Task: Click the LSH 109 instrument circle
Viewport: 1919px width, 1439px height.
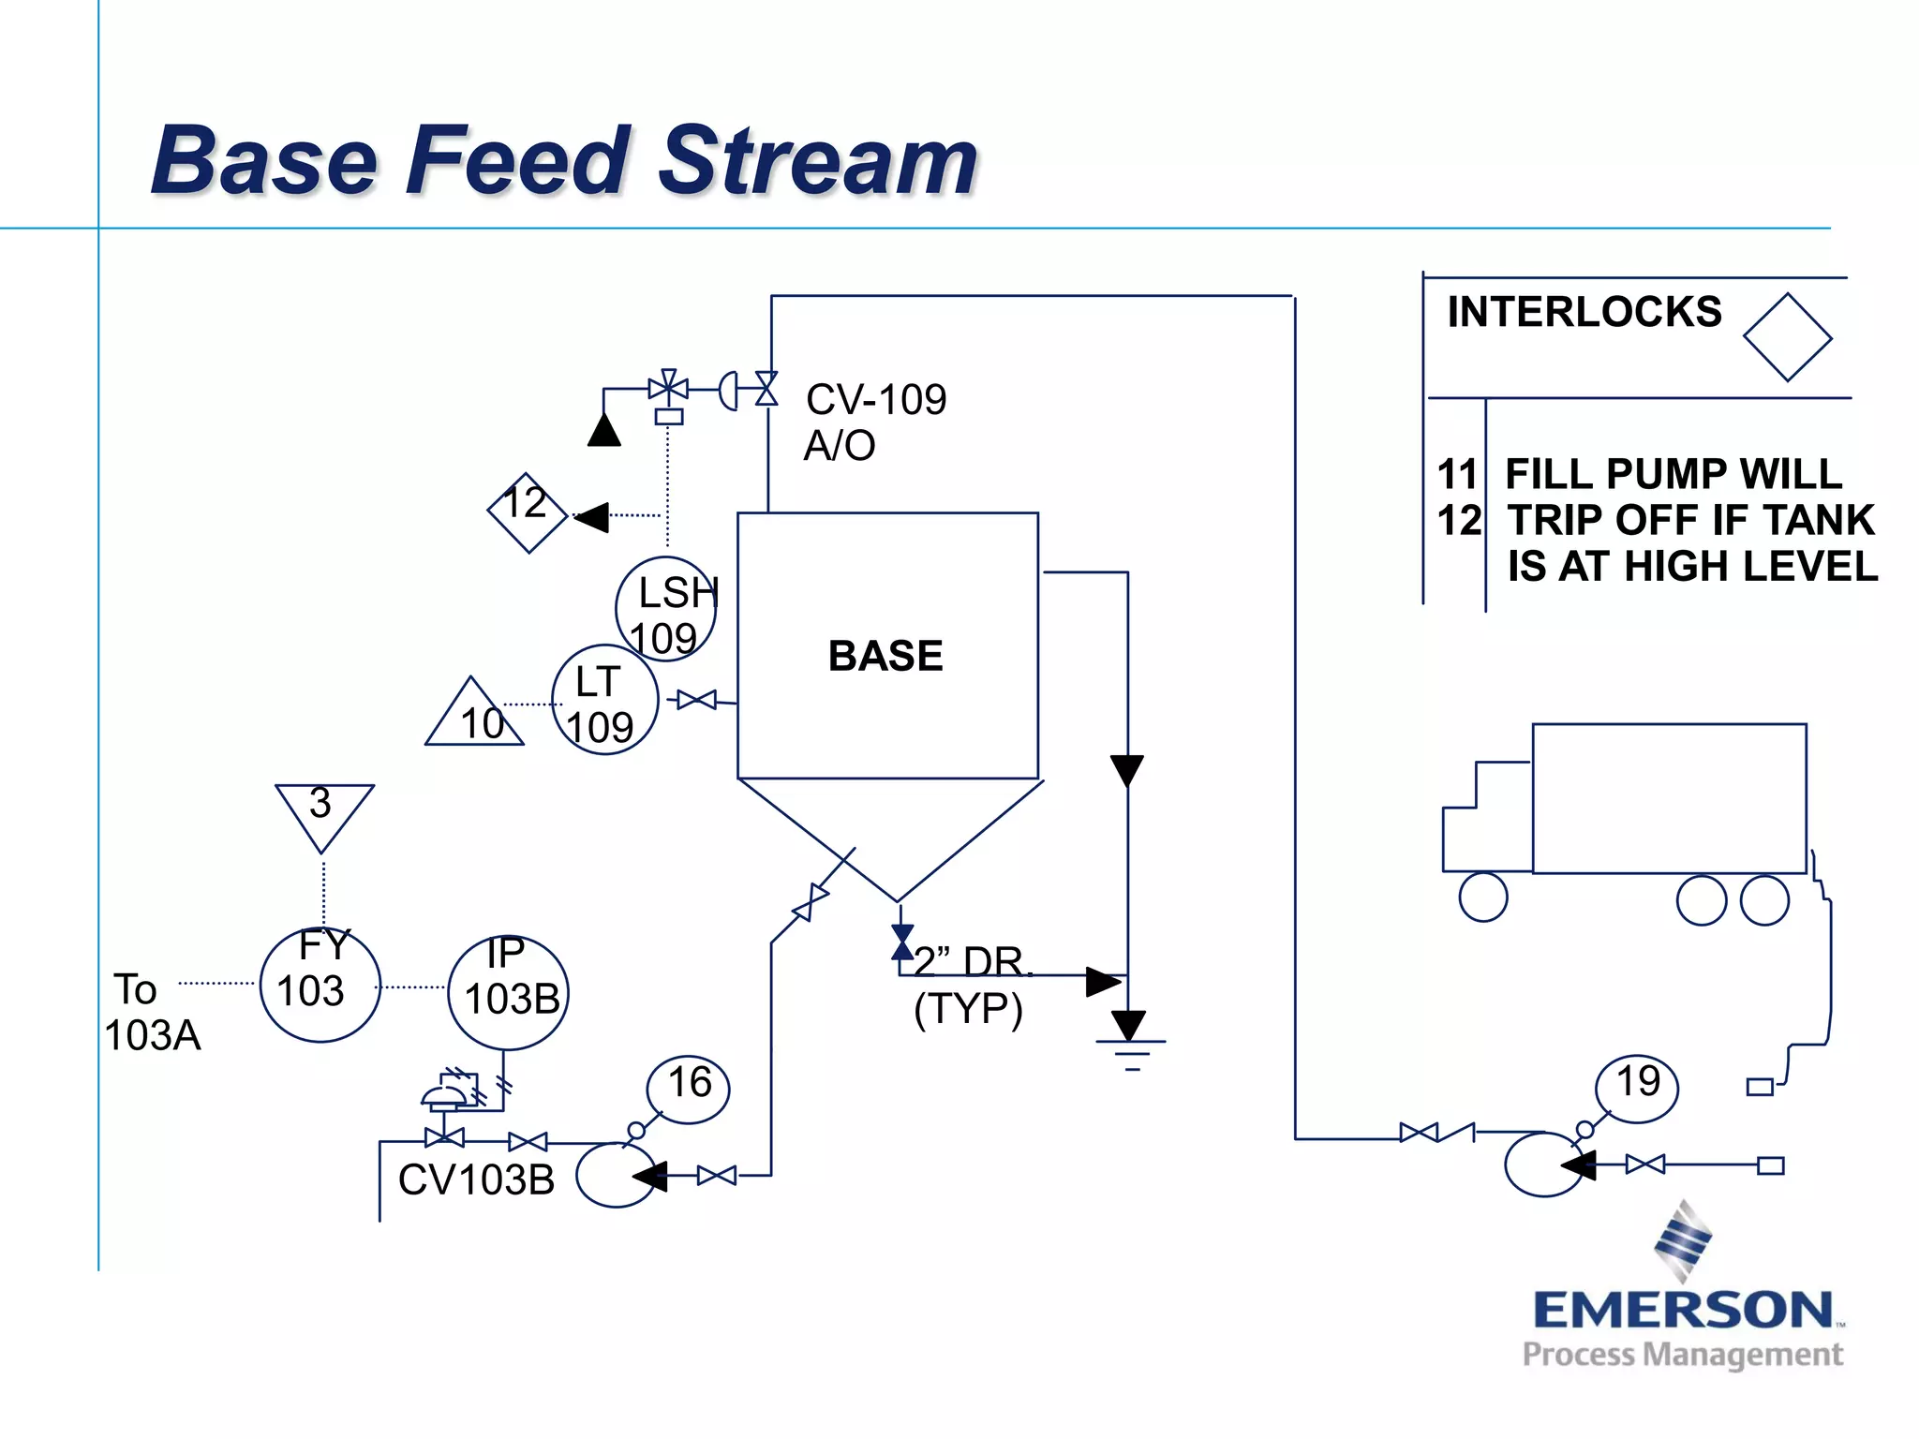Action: [666, 610]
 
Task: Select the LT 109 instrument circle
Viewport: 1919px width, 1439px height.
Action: [604, 701]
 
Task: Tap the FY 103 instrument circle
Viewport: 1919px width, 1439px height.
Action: [320, 985]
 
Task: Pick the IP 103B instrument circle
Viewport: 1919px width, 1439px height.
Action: [508, 993]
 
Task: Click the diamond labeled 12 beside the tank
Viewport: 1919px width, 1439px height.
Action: [528, 512]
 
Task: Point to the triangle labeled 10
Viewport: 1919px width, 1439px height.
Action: [474, 717]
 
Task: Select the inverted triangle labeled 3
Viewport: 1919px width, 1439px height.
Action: [323, 811]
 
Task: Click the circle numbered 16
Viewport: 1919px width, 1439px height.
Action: [689, 1087]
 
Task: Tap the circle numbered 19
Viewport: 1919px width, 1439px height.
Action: [1637, 1087]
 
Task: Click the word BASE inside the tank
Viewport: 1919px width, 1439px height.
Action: [885, 656]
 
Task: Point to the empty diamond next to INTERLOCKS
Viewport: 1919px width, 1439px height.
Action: [1787, 337]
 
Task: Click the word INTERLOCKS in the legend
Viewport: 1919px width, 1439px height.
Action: [1584, 312]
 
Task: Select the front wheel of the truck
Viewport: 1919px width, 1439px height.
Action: [1483, 897]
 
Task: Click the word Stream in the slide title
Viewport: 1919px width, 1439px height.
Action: [818, 161]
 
